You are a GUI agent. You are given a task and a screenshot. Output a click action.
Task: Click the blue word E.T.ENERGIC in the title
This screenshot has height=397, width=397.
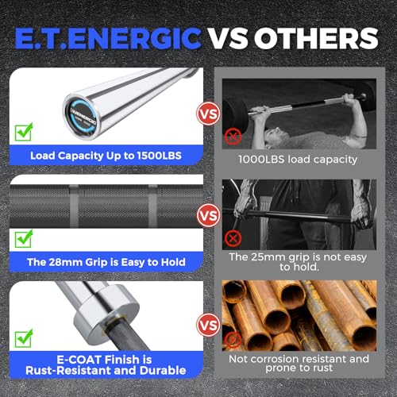click(x=108, y=38)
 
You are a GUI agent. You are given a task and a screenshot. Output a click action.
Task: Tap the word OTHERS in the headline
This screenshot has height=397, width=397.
click(x=316, y=38)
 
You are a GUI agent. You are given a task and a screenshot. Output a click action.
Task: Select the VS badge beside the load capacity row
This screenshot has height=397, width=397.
click(x=209, y=114)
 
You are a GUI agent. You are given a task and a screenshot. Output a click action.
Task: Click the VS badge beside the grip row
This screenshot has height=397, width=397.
click(x=209, y=215)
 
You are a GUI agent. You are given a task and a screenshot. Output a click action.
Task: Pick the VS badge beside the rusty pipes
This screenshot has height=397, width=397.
click(x=209, y=325)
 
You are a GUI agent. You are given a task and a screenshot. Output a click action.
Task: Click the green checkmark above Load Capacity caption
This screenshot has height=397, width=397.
click(x=24, y=132)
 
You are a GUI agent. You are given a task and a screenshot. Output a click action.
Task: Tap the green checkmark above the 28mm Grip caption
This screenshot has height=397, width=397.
click(x=24, y=238)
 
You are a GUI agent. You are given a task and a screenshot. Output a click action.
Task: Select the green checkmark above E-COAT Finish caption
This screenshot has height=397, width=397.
click(x=24, y=338)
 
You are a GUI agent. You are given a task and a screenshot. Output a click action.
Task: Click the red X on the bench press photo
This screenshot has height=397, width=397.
click(x=233, y=137)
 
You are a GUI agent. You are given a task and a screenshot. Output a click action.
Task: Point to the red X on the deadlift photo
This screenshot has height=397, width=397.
click(x=233, y=238)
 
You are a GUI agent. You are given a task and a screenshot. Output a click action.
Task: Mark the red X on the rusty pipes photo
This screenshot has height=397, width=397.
click(x=233, y=340)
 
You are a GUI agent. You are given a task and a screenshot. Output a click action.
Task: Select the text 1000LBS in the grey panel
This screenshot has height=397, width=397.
click(x=261, y=160)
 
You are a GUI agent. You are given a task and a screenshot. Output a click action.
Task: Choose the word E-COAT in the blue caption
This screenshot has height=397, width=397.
click(x=79, y=360)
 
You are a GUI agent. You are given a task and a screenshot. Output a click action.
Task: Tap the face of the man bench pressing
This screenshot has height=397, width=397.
click(x=276, y=136)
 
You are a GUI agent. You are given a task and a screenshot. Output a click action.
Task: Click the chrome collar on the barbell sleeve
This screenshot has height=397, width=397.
click(x=106, y=311)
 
